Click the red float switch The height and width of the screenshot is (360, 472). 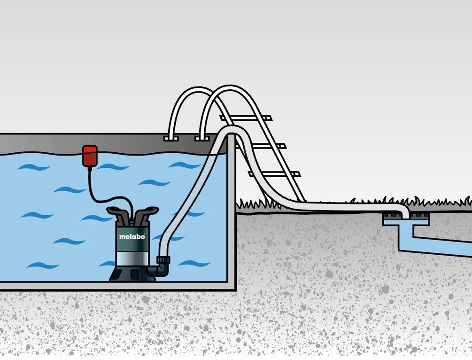[x=90, y=156]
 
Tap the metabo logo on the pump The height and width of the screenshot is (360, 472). [x=132, y=236]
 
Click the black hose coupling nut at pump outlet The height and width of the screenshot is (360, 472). [x=163, y=260]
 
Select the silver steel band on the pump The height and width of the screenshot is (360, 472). [x=132, y=259]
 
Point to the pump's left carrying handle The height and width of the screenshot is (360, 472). [x=117, y=213]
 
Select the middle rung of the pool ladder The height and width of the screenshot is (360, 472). [x=261, y=147]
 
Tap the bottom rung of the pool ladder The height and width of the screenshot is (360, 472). [x=274, y=174]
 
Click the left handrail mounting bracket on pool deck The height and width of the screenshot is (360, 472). [x=171, y=138]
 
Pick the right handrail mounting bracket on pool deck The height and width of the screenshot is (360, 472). [x=201, y=138]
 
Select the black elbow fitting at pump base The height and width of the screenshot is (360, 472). [x=161, y=270]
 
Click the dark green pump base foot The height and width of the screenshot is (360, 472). [x=132, y=274]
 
